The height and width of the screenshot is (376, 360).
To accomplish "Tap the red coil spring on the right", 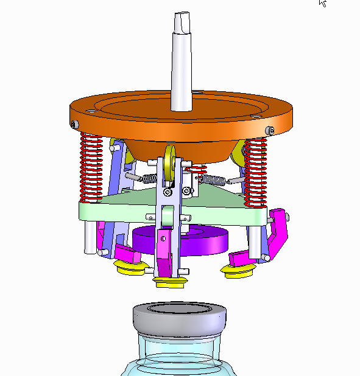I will [256, 170].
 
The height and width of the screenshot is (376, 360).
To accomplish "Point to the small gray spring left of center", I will [148, 178].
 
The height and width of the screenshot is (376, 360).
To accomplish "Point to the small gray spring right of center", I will [213, 179].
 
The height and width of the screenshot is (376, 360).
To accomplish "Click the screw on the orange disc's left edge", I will [75, 124].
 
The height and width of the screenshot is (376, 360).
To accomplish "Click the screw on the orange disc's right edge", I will [270, 130].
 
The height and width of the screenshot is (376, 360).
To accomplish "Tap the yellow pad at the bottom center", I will [170, 282].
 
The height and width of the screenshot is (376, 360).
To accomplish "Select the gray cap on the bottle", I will [180, 319].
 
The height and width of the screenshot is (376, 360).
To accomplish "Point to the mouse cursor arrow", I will [322, 3].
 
